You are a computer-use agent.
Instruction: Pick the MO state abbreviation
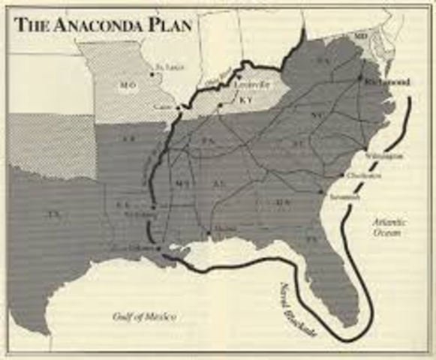tap(125, 85)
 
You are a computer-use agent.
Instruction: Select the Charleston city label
tap(364, 175)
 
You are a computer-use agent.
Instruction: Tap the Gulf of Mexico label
tap(144, 317)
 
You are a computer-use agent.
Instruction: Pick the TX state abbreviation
tap(52, 215)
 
